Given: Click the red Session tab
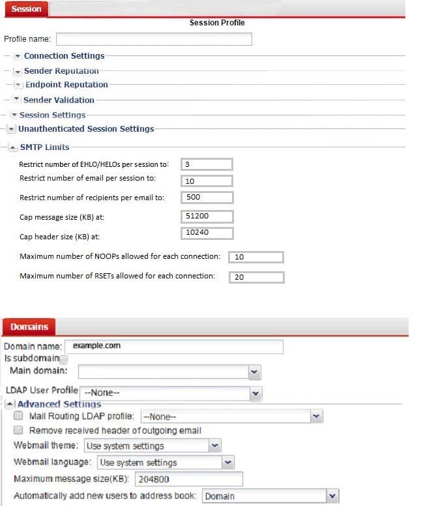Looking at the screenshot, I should click(26, 8).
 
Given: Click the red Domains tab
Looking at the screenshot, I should click(29, 326).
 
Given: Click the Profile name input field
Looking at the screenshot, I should click(154, 39).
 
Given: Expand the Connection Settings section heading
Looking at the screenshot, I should click(64, 56).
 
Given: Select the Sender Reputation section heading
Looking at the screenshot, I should click(61, 70).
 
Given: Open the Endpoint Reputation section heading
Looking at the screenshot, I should click(66, 85).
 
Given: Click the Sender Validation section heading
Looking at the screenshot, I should click(59, 100).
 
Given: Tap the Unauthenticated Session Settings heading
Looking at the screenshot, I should click(86, 129).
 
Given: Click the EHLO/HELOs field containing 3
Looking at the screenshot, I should click(207, 164).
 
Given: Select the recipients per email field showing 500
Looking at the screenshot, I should click(207, 197).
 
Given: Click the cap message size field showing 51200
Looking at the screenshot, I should click(207, 215).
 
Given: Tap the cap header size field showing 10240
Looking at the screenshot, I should click(207, 232).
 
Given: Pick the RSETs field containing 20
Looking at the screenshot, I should click(256, 276).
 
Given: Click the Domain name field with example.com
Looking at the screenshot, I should click(173, 346).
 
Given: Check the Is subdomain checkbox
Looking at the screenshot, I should click(64, 359).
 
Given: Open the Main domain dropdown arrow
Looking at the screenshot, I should click(254, 372).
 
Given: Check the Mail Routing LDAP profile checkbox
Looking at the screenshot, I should click(18, 416).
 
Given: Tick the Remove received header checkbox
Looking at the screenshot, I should click(18, 430).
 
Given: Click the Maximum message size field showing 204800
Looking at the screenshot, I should click(188, 479).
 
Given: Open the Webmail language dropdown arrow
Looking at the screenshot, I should click(227, 462).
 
